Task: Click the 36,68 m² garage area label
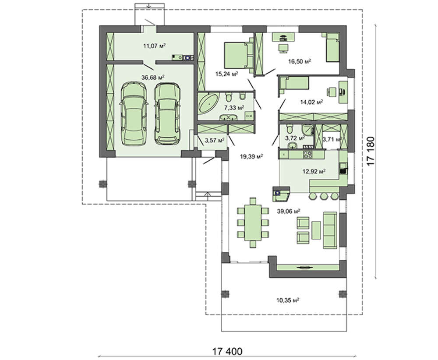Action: click(x=153, y=77)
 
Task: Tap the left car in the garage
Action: click(x=134, y=114)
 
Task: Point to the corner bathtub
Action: click(x=208, y=103)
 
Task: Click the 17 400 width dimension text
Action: click(x=227, y=351)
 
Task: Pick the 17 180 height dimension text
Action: click(x=371, y=151)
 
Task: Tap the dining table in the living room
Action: click(x=253, y=222)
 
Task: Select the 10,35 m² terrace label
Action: click(x=288, y=300)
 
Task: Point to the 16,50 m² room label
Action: click(x=300, y=61)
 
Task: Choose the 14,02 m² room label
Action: click(x=311, y=102)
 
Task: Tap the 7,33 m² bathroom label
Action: click(x=234, y=107)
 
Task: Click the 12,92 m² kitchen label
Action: click(x=314, y=171)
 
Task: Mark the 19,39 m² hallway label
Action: click(x=251, y=156)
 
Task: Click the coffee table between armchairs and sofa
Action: click(x=316, y=230)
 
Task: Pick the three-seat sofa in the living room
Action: click(x=330, y=230)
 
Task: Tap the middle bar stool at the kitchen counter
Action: click(x=324, y=196)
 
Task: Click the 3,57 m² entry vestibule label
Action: click(x=215, y=140)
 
